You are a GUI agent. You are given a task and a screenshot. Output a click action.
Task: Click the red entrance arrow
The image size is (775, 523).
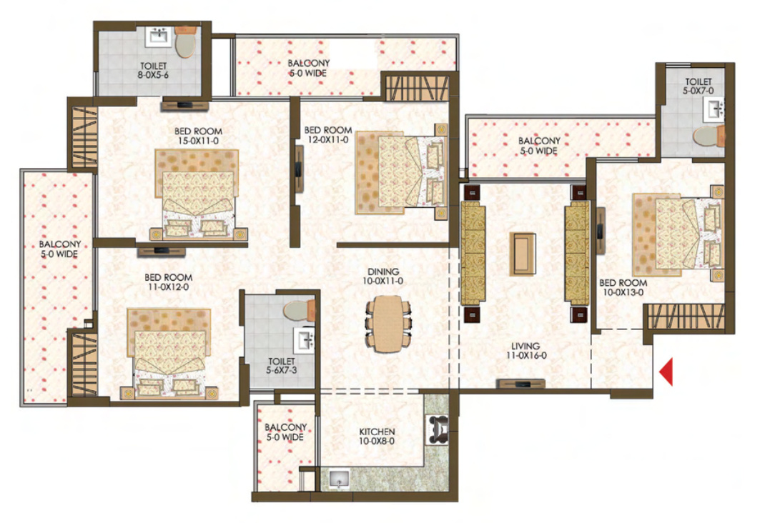pyautogui.click(x=666, y=372)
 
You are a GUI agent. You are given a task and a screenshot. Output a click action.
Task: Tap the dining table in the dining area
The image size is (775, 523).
pyautogui.click(x=387, y=326)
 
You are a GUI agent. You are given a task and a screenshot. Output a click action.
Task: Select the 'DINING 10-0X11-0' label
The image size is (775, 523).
pyautogui.click(x=383, y=277)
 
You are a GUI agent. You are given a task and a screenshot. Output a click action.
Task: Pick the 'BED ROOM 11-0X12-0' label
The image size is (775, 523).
pyautogui.click(x=168, y=282)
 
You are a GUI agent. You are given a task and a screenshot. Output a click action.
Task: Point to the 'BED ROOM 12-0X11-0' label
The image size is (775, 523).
pyautogui.click(x=327, y=135)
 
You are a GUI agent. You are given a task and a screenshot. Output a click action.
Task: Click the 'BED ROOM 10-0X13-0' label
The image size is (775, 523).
pyautogui.click(x=622, y=287)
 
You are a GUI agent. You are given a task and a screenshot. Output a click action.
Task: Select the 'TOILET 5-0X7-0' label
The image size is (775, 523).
pyautogui.click(x=698, y=86)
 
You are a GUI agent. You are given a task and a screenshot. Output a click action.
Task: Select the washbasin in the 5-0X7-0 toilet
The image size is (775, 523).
pyautogui.click(x=714, y=109)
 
